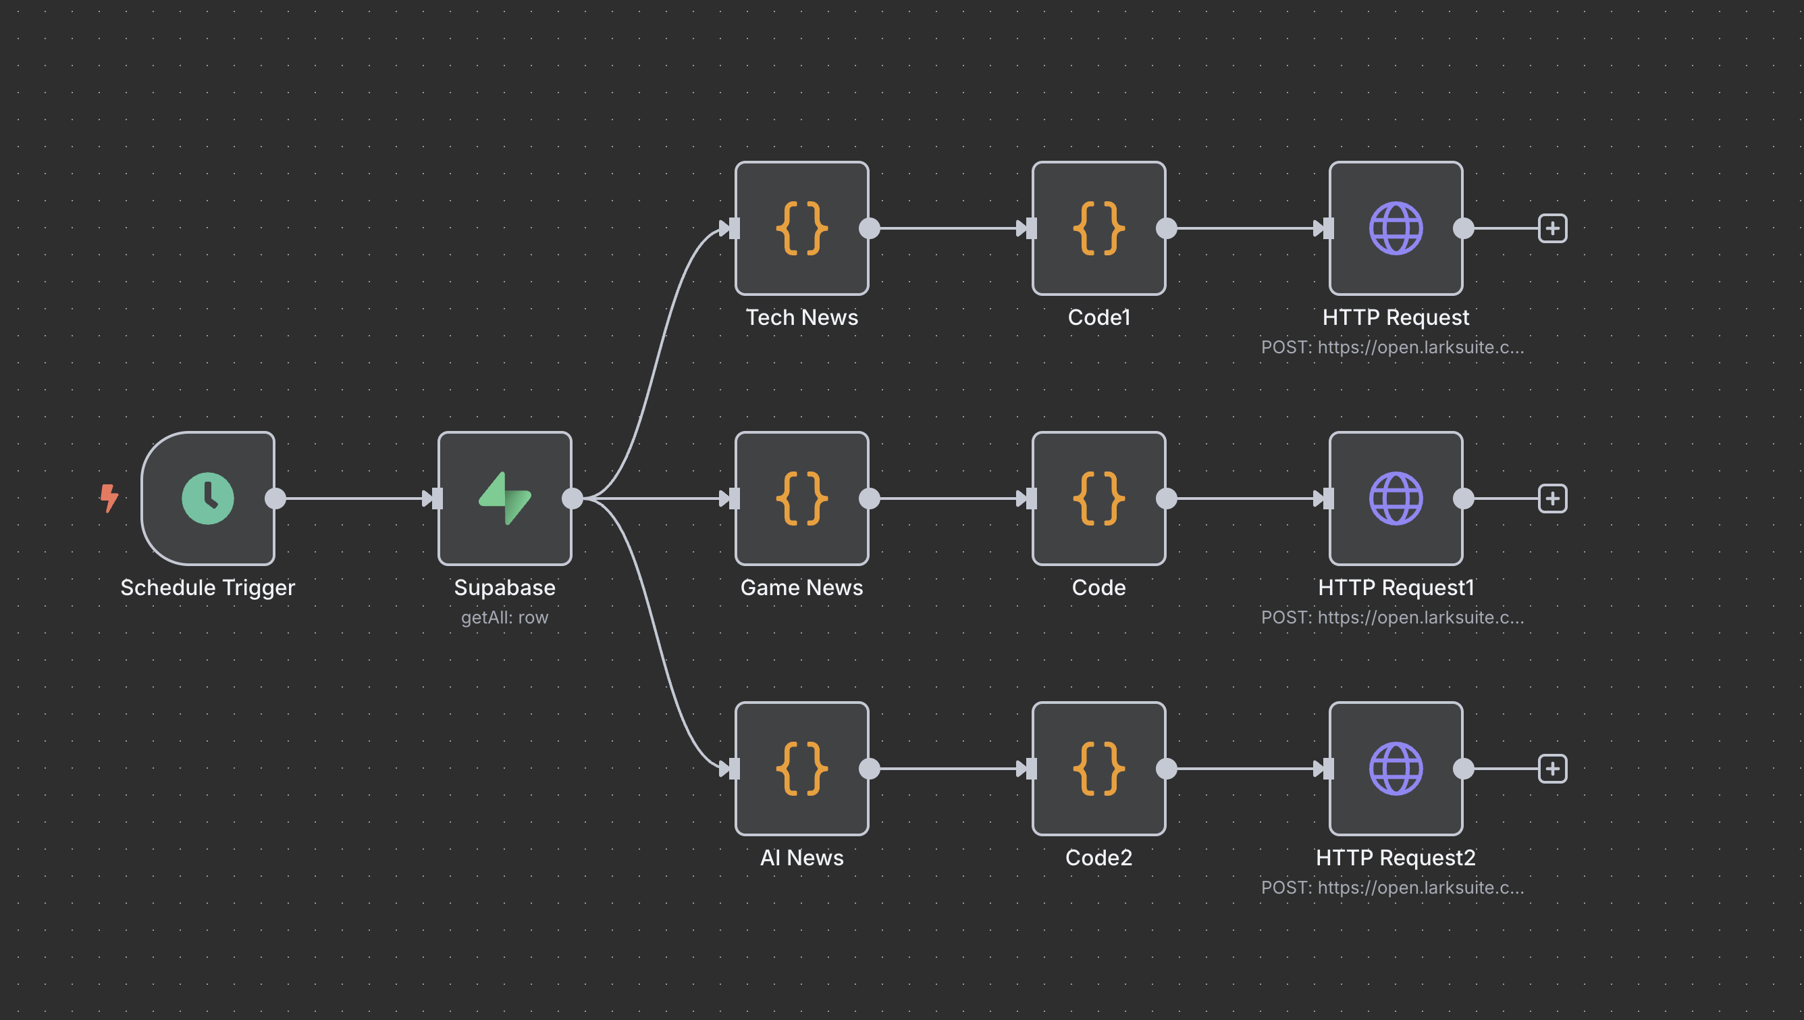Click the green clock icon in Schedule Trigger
coord(207,498)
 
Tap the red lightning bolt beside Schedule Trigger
coord(109,498)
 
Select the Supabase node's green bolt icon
coord(504,498)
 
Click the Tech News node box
coord(801,228)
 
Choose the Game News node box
coord(801,498)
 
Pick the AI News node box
coord(801,769)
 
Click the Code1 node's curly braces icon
coord(1098,228)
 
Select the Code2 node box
coord(1098,769)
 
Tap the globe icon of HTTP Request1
coord(1395,498)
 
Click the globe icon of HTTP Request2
coord(1395,769)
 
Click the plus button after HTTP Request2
coord(1552,769)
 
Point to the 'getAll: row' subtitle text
coord(504,617)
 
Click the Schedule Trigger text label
coord(207,587)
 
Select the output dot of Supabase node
coord(572,498)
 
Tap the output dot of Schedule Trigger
coord(275,498)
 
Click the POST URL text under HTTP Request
coord(1391,347)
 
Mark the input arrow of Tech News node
coord(728,228)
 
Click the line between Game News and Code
coord(945,498)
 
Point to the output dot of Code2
coord(1166,769)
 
